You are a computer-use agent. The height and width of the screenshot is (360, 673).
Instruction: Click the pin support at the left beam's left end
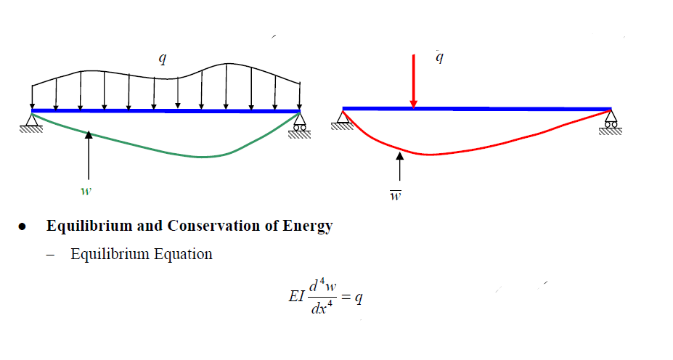tap(32, 120)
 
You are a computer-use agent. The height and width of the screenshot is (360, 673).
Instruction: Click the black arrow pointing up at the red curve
tap(399, 168)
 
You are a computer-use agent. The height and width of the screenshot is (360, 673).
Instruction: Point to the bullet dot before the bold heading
tap(23, 226)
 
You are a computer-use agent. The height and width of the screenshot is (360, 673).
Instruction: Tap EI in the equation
tap(297, 299)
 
